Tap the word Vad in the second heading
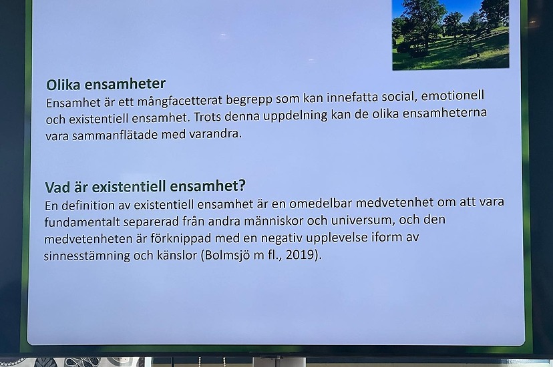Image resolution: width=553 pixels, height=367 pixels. pos(57,187)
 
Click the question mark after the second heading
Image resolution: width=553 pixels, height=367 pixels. pos(242,186)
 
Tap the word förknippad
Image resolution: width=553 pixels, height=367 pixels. pos(181,239)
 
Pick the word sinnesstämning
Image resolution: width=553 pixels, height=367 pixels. pos(87,256)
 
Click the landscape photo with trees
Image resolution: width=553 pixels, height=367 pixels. pos(451,34)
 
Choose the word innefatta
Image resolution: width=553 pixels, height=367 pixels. pos(352,97)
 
